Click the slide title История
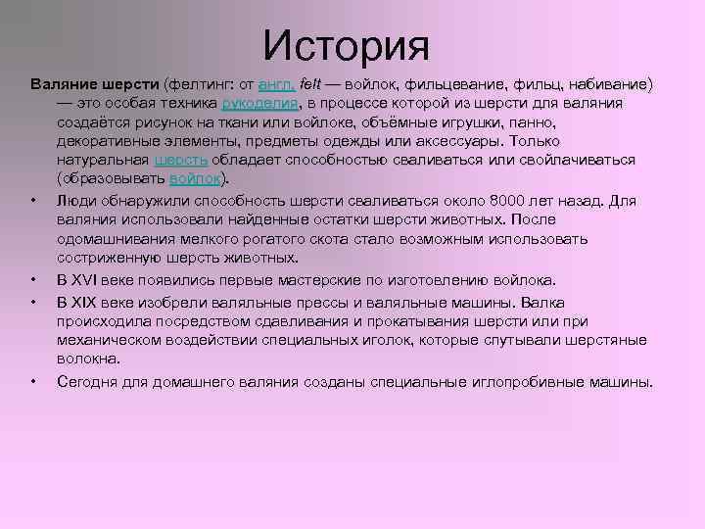[x=347, y=44]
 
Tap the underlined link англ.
[x=276, y=84]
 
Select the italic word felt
[x=309, y=84]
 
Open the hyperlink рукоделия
[x=260, y=103]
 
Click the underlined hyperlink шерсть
[x=180, y=160]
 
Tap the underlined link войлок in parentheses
[x=195, y=178]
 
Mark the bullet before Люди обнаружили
[x=34, y=201]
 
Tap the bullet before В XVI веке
[x=34, y=279]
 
